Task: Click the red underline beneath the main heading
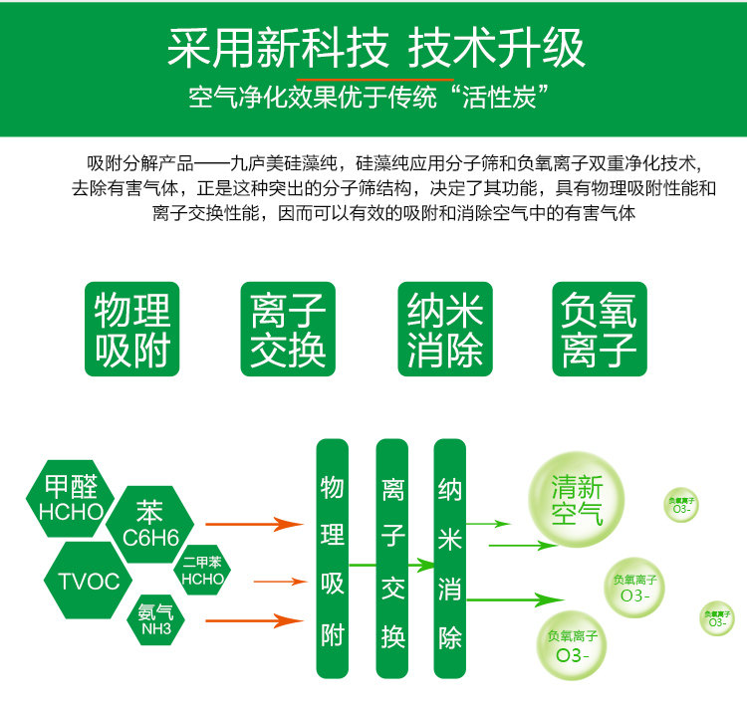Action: tap(374, 78)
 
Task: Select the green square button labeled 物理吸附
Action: tap(133, 329)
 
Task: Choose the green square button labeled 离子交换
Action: tap(289, 329)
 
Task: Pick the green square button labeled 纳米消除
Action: tap(445, 329)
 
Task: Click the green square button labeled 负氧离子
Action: tap(600, 329)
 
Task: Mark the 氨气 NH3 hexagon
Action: tap(156, 619)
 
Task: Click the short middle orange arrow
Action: tap(278, 581)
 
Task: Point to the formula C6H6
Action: tap(150, 538)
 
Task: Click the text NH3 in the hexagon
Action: tap(156, 629)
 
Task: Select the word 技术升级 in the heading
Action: tap(497, 46)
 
